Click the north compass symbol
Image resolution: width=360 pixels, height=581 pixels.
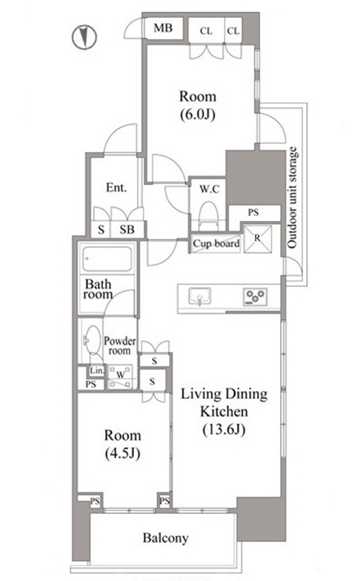(x=84, y=37)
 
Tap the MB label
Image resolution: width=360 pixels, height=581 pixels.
(x=163, y=28)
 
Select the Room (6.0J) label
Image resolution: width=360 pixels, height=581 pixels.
(x=197, y=105)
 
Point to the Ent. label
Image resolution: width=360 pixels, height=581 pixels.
(x=117, y=187)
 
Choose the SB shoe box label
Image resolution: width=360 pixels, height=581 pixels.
(x=127, y=230)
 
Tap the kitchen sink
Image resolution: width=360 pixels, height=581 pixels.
(x=200, y=297)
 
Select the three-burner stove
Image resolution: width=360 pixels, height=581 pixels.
(x=255, y=297)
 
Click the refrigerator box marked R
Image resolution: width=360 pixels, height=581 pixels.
(x=258, y=239)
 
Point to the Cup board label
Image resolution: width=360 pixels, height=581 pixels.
(x=216, y=244)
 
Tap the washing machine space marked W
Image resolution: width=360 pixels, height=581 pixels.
(x=120, y=376)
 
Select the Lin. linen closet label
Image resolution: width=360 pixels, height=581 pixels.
(x=97, y=370)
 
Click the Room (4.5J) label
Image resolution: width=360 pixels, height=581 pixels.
(x=122, y=444)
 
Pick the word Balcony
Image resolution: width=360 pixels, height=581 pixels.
(x=166, y=538)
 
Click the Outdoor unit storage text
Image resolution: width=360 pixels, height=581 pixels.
(x=292, y=198)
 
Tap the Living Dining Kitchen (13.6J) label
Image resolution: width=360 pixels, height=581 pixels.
(x=225, y=412)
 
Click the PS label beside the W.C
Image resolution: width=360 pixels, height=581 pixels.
(x=253, y=212)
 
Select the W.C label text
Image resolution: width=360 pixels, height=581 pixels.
(x=210, y=189)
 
